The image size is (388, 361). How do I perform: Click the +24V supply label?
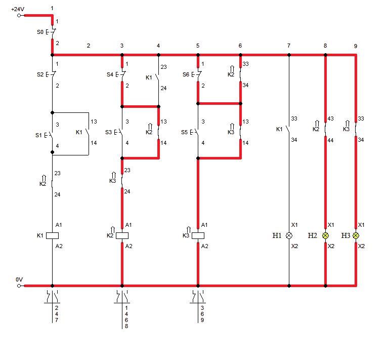pos(18,9)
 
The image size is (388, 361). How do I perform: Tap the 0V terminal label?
pos(19,279)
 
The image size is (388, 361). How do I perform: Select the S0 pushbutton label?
pos(40,32)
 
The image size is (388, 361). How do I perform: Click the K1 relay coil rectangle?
pos(53,235)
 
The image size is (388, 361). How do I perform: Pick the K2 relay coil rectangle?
pos(122,235)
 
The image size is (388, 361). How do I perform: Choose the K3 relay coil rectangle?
pos(198,235)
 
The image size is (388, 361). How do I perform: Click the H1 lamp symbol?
pos(289,235)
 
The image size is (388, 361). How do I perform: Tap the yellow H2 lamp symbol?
pos(325,235)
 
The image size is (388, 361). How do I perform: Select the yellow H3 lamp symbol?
pos(356,235)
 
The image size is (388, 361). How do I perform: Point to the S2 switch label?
pos(40,74)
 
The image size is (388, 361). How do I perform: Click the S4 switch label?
pos(110,74)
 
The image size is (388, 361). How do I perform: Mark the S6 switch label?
pos(186,74)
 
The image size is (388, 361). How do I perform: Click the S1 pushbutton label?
pos(38,135)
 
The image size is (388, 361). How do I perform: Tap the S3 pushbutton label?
pos(108,132)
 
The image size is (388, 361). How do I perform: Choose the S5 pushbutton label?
pos(184,132)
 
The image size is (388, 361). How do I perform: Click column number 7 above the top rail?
pos(289,46)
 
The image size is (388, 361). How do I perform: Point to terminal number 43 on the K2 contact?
pos(331,118)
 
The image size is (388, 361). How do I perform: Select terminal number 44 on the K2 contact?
pos(331,140)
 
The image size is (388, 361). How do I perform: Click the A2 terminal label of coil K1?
pos(59,246)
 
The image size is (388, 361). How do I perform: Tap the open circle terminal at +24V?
pos(19,15)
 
